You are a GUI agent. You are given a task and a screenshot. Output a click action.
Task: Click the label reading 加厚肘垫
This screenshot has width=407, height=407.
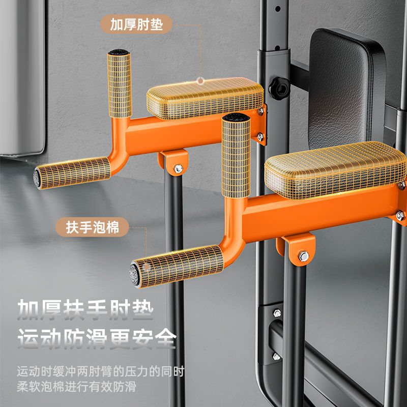click(x=136, y=24)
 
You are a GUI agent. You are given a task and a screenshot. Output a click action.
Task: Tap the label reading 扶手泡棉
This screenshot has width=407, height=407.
click(x=92, y=227)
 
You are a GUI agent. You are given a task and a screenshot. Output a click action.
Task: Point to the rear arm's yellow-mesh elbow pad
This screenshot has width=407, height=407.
click(x=205, y=98)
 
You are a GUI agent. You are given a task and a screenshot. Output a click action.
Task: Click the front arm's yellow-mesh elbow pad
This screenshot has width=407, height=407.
click(x=335, y=170)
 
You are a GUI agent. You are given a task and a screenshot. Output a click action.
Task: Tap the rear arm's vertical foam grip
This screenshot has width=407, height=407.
click(x=120, y=83)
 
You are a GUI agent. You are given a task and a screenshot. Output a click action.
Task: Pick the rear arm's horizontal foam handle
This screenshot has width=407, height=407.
click(x=72, y=172)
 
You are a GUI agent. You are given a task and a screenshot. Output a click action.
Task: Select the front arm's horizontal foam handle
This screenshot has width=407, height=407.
click(x=177, y=266)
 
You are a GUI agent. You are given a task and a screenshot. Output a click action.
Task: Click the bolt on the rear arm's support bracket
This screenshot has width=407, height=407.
click(x=178, y=169)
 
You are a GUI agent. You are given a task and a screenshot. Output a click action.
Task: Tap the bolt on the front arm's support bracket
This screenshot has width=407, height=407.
click(x=303, y=256)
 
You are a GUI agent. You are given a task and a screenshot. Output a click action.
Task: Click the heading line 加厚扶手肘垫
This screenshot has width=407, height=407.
click(x=85, y=309)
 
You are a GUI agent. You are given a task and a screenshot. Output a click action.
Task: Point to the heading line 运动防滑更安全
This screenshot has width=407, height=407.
click(x=97, y=339)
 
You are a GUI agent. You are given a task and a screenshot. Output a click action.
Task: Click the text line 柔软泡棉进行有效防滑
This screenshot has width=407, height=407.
click(x=77, y=387)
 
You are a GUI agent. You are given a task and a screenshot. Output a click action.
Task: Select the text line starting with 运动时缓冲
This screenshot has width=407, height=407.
click(x=100, y=371)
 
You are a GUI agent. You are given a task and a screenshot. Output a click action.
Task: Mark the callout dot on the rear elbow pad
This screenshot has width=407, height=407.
click(x=200, y=81)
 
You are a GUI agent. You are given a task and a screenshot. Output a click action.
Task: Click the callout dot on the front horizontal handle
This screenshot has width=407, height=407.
click(x=147, y=267)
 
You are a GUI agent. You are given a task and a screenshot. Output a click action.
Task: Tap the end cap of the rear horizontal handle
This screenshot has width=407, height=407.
click(x=37, y=178)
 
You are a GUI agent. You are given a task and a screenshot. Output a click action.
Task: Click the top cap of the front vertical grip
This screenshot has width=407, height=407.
click(x=236, y=118)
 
